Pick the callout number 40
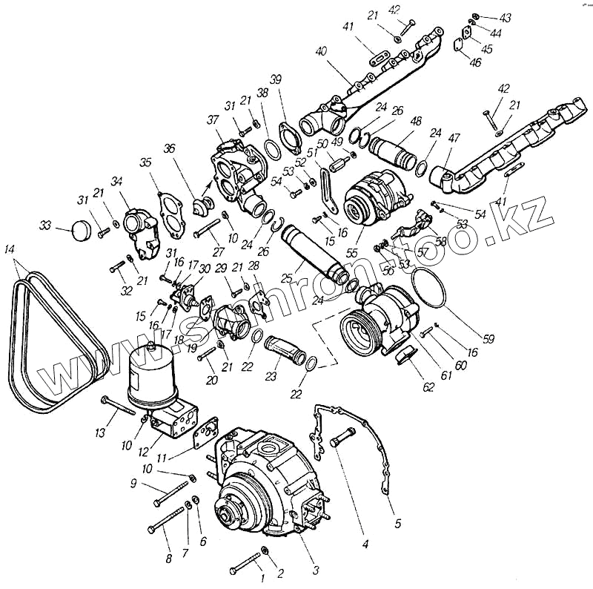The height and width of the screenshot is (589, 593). [321, 52]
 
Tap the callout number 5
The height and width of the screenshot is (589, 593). [397, 523]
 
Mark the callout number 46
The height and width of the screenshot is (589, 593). [475, 63]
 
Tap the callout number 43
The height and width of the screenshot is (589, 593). [506, 18]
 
